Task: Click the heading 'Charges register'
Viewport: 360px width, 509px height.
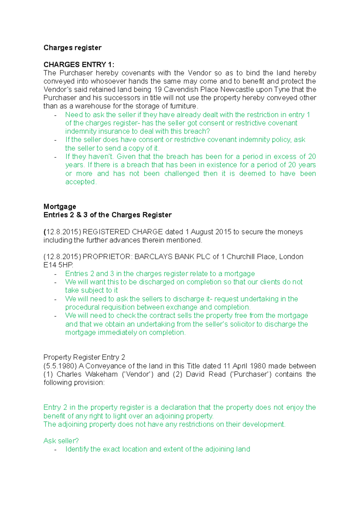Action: coord(72,48)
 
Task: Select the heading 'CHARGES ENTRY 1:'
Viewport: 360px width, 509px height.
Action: coord(79,64)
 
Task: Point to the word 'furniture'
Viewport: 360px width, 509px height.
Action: coord(183,106)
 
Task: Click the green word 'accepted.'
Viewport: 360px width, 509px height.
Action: coord(81,182)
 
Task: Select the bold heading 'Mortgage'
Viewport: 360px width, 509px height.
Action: coord(60,207)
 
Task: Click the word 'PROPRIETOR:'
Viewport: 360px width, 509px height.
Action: coord(107,257)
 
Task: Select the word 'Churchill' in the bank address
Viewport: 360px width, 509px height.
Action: coord(241,257)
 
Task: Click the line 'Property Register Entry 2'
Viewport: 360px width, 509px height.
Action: coord(84,357)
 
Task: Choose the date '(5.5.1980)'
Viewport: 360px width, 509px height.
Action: coord(60,366)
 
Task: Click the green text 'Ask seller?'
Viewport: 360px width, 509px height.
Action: coord(61,441)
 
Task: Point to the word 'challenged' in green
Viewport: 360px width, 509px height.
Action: coord(181,174)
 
